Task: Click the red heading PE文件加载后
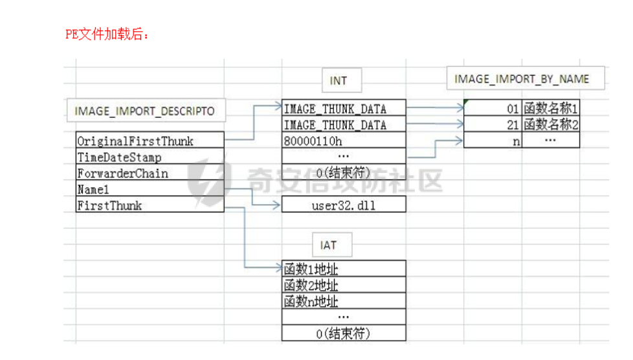tap(107, 34)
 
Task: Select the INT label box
tap(342, 80)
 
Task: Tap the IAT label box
tap(332, 245)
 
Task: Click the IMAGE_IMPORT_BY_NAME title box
tap(525, 78)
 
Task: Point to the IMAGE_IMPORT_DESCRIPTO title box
tap(146, 110)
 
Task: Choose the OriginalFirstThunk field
tap(150, 140)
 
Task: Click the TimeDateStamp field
tap(150, 156)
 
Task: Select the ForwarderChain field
tap(150, 172)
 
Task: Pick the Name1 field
tap(150, 188)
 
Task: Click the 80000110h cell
tap(344, 140)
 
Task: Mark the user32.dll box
tap(344, 205)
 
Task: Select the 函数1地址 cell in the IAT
tap(344, 268)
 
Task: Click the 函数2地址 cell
tap(344, 284)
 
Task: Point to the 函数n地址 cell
tap(344, 300)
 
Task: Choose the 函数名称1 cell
tap(551, 108)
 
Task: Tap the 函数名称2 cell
tap(551, 124)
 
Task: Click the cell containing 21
tap(493, 124)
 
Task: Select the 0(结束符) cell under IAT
tap(344, 333)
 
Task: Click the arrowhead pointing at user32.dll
tap(276, 205)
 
